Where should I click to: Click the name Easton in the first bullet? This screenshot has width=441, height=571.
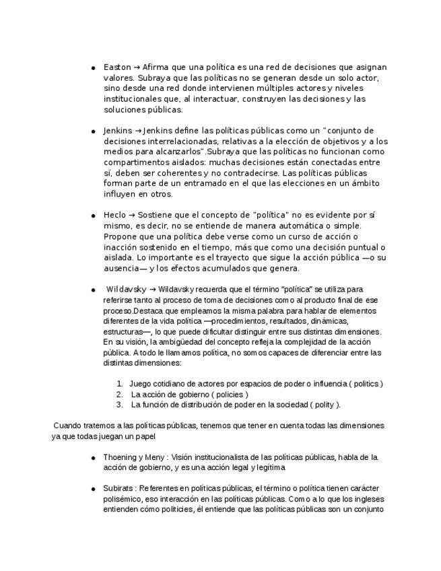tap(117, 67)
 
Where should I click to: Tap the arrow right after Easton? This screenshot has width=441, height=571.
tap(137, 67)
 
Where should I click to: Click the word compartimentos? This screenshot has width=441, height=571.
tap(137, 162)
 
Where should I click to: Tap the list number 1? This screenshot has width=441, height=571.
tap(120, 384)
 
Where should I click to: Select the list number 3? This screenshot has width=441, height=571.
tap(119, 405)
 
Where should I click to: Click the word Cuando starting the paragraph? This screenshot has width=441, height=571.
tap(67, 426)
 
